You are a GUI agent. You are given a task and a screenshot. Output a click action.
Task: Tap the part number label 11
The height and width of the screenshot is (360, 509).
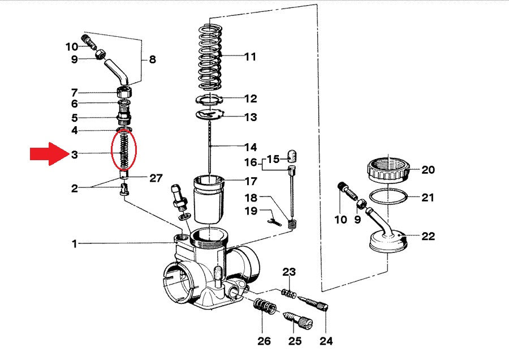(x=250, y=57)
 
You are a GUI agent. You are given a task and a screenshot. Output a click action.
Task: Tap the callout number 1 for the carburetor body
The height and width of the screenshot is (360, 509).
(x=74, y=244)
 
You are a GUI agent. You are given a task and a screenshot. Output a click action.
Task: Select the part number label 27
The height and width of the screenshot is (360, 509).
(x=156, y=178)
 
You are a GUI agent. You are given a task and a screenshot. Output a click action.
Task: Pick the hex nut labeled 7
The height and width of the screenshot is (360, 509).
(x=125, y=92)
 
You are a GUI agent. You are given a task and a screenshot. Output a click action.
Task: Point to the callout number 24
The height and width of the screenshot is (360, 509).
(x=327, y=341)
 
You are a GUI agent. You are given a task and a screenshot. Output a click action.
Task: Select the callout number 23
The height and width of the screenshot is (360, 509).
(x=289, y=272)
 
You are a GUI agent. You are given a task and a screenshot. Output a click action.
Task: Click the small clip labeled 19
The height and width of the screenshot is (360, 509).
(x=276, y=220)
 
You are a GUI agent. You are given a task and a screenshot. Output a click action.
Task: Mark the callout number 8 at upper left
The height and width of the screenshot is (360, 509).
(x=152, y=59)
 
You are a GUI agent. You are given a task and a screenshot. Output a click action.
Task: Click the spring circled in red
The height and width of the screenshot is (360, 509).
(x=124, y=149)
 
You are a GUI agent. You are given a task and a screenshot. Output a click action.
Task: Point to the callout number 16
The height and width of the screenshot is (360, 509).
(x=251, y=163)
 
